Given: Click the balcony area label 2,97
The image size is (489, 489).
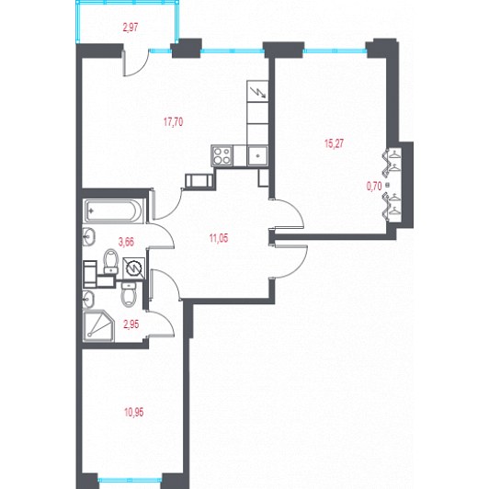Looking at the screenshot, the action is pos(131,28).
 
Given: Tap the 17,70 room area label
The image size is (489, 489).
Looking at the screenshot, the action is pos(174,122).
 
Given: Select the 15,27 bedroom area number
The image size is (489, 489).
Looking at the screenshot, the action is pos(334,143).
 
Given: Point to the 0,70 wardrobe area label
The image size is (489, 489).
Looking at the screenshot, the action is pos(374,187).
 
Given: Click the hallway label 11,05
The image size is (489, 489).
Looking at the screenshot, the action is pos(219,239).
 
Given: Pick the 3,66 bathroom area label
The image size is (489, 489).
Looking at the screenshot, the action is pos(126,242).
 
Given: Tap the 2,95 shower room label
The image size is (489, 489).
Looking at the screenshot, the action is pos(131,324).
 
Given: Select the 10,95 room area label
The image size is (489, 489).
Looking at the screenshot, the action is pos(134,413).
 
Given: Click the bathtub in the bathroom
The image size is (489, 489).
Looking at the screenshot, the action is pos(114,211).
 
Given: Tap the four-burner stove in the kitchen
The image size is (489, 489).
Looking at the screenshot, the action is pos(222,155).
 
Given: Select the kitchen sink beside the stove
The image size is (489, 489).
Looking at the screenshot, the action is pos(257,156).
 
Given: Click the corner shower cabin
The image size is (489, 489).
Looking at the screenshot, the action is pos(99,326).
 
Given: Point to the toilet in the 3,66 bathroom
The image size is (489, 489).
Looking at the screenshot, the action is pos(110,261).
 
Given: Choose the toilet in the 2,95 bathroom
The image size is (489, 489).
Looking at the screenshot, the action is pos(129,294).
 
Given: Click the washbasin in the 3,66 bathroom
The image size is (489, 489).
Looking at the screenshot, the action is pos(89,236).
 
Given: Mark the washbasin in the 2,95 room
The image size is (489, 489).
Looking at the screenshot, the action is pos(88,299).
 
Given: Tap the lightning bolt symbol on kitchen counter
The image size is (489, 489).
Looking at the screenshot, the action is pos(258,92).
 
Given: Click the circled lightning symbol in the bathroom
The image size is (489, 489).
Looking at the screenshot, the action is pos(134,267).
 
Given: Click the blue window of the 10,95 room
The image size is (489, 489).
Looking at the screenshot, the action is pos(130,480).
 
